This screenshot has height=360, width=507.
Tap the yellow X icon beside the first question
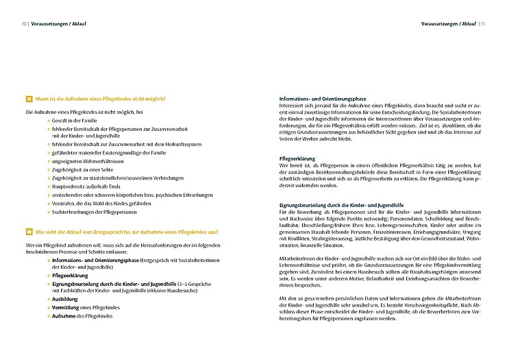click(x=29, y=98)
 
